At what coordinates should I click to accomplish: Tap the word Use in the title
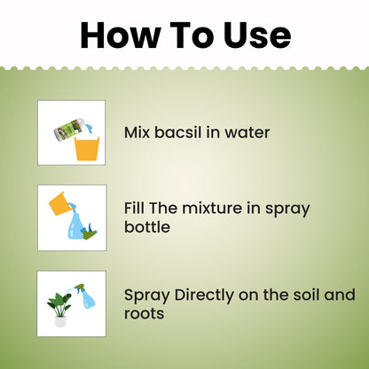(x=253, y=35)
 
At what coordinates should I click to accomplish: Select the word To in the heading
(x=190, y=35)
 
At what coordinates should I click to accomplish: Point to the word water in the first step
(x=245, y=133)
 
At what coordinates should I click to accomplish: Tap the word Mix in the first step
(x=138, y=133)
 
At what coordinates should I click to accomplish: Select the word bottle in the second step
(x=147, y=226)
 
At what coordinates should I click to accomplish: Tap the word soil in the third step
(x=314, y=294)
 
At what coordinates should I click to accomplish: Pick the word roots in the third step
(x=145, y=312)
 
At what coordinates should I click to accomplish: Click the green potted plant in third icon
(x=59, y=299)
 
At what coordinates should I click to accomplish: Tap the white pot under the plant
(x=60, y=320)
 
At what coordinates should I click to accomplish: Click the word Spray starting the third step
(x=145, y=294)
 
